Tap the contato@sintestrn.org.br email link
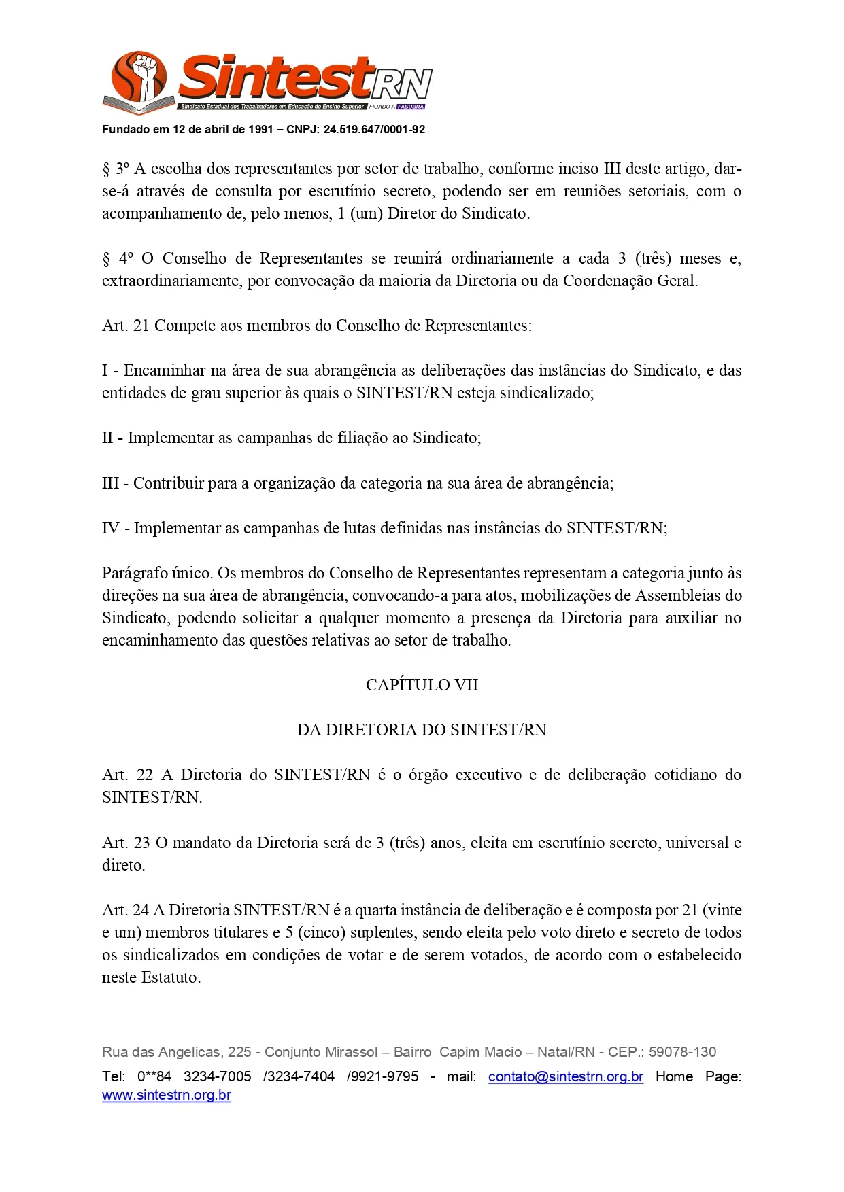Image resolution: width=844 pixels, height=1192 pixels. [x=565, y=1076]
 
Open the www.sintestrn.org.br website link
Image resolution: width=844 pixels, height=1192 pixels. [x=167, y=1095]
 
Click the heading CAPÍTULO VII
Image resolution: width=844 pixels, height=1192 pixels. [x=422, y=685]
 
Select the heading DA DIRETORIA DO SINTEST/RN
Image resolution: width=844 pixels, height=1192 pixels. [x=422, y=730]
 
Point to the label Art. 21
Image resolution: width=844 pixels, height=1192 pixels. [x=125, y=326]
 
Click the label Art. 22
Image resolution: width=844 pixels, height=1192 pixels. [x=127, y=775]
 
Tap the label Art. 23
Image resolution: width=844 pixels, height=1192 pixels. [x=126, y=843]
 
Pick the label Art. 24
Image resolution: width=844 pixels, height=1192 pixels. [x=126, y=910]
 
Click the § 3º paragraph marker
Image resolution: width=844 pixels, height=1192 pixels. [x=116, y=169]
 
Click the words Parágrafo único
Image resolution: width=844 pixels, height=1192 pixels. [x=155, y=573]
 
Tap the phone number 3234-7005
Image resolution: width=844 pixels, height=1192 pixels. [x=218, y=1076]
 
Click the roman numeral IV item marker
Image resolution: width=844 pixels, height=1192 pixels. [x=110, y=528]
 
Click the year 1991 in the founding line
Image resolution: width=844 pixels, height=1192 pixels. [x=260, y=129]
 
